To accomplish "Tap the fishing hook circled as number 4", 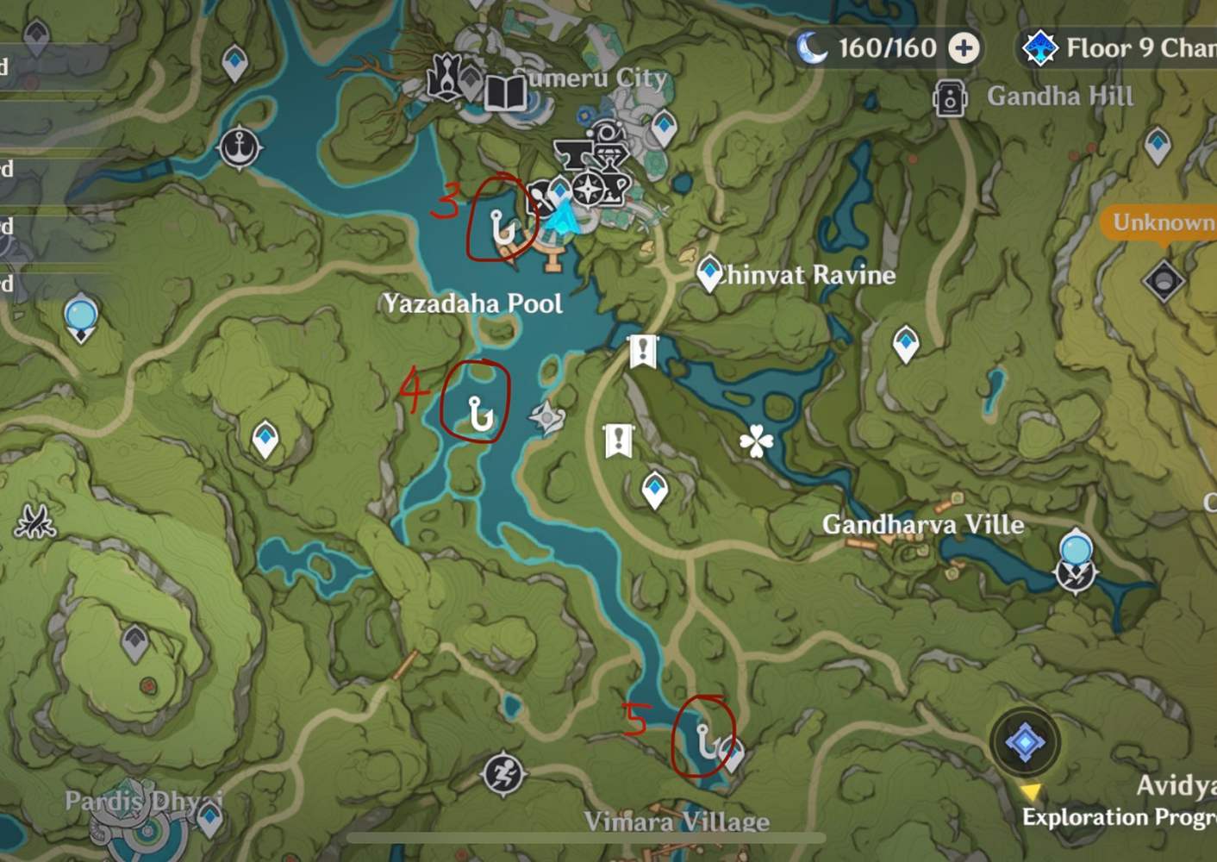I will (x=479, y=414).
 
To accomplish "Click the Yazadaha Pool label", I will (x=473, y=303).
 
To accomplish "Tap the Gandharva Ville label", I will (x=923, y=524).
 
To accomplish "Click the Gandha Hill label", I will (x=1060, y=96).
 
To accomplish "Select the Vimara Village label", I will (x=677, y=821).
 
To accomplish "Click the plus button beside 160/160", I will (x=964, y=48).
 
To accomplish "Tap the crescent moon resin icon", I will (x=811, y=48).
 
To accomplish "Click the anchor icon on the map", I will (x=239, y=148).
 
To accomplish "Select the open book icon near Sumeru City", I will (x=505, y=92).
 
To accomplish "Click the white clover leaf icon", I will (x=756, y=441).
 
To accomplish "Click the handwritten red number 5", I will (x=636, y=717).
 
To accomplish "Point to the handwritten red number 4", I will (x=414, y=390).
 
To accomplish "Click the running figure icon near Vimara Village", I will (x=503, y=773).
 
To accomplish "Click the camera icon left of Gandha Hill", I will (x=949, y=97).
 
